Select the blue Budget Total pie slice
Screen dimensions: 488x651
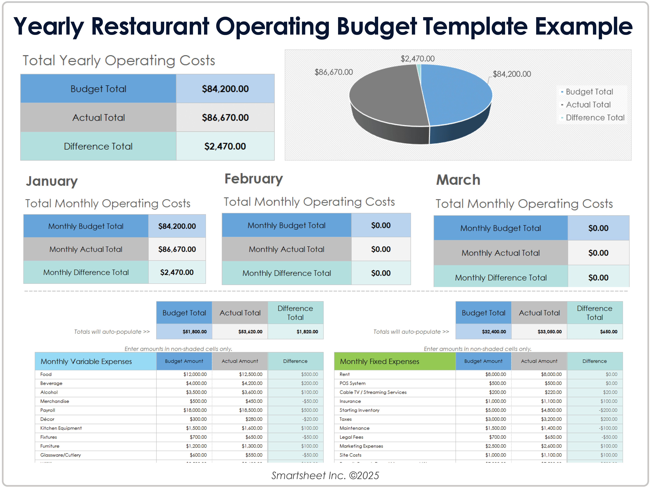[456, 94]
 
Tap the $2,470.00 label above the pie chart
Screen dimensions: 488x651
[417, 59]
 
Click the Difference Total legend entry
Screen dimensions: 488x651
[594, 118]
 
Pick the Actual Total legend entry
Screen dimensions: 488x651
[588, 105]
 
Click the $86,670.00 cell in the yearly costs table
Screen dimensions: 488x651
[225, 117]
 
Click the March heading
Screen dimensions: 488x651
[458, 180]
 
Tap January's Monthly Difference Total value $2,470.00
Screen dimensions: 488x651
[177, 272]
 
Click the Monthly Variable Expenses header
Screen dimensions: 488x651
[86, 361]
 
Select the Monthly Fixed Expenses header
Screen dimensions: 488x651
[379, 361]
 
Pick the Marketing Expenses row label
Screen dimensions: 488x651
[361, 446]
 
